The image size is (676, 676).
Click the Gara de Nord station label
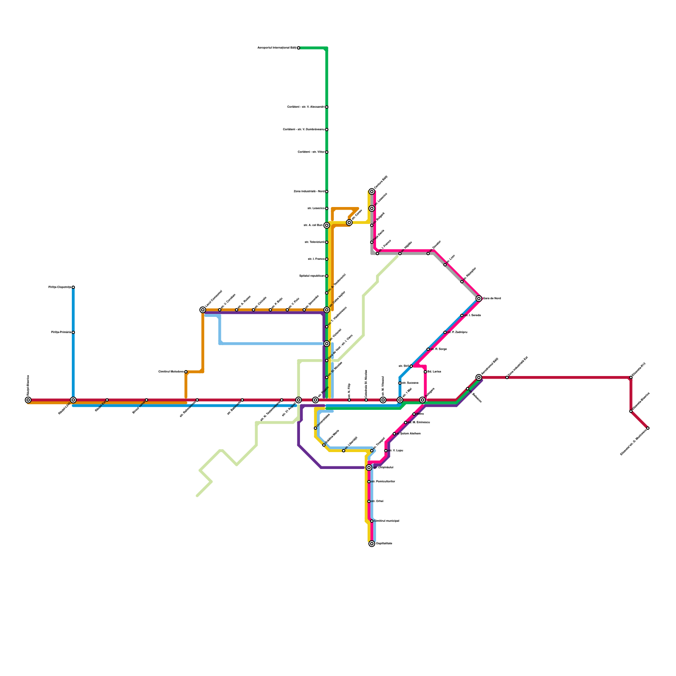[492, 299]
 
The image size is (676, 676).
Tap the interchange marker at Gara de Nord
[479, 299]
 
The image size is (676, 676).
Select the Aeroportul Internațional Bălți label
[277, 48]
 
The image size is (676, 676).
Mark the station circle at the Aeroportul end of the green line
[298, 48]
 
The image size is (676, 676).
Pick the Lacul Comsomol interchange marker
[203, 310]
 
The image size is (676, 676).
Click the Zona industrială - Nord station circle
[327, 191]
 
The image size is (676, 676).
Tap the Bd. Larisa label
[434, 372]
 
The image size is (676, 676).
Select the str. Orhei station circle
[369, 502]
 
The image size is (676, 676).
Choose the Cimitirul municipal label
[386, 521]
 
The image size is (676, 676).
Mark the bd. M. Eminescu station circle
[406, 422]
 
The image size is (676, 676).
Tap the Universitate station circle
[315, 428]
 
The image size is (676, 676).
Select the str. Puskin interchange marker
[315, 400]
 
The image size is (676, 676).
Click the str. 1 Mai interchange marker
[400, 400]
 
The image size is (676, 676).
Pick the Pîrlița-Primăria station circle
[73, 333]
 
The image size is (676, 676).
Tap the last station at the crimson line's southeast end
[648, 428]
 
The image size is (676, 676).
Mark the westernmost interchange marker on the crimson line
[28, 400]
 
